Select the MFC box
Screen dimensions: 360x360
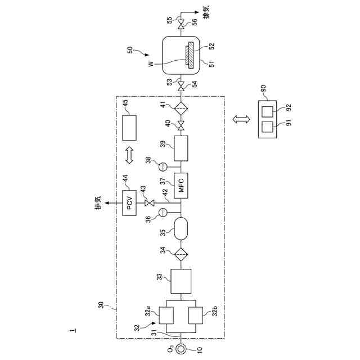[181, 185]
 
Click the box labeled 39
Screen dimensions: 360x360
[181, 149]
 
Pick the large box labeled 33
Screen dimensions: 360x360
[181, 280]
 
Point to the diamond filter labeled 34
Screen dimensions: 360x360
[181, 254]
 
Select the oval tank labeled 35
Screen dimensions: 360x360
[181, 228]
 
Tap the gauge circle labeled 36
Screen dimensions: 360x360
[163, 212]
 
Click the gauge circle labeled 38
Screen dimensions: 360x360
[163, 166]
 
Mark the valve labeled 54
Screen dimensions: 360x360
[181, 87]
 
